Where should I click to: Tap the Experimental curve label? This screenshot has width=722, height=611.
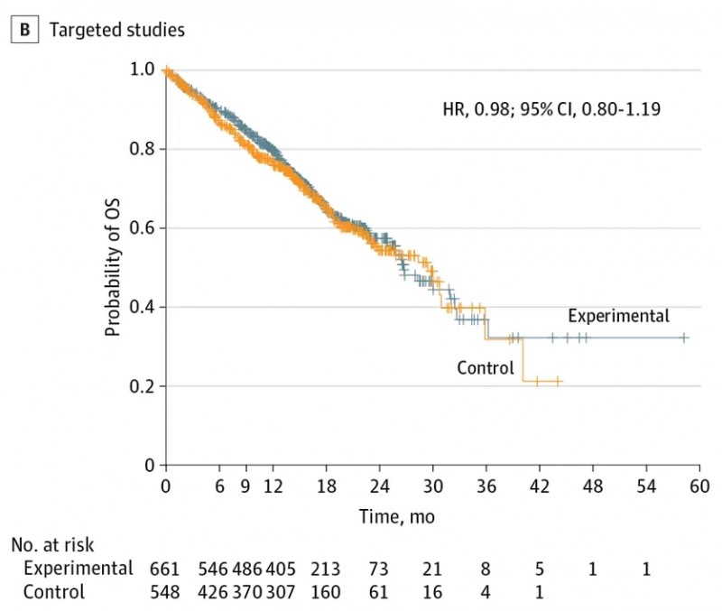point(618,316)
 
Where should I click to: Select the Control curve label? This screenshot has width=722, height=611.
point(485,367)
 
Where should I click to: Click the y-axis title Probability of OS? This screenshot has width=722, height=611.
point(113,269)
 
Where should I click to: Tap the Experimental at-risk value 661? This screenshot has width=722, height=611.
point(164,569)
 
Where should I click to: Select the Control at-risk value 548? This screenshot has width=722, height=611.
point(164,593)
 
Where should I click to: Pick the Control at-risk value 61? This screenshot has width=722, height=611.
point(379,593)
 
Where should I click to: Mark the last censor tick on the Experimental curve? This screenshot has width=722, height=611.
point(684,338)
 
